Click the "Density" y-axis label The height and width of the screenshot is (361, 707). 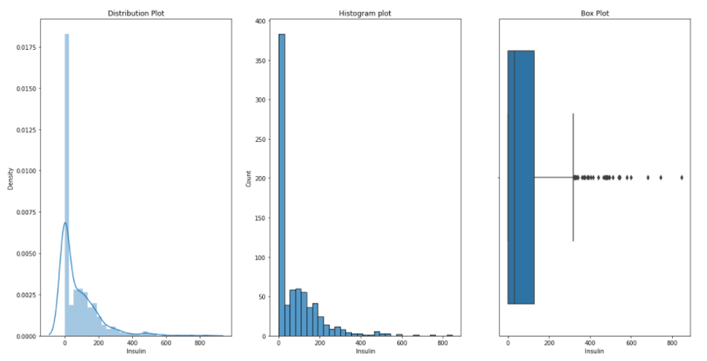(x=11, y=177)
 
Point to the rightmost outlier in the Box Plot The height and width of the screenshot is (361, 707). (x=681, y=177)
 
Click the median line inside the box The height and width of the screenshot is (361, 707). (x=514, y=177)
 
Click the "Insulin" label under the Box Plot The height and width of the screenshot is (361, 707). (x=594, y=352)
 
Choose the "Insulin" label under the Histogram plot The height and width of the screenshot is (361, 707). (x=366, y=352)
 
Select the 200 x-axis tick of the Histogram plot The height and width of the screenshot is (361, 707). (x=320, y=343)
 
